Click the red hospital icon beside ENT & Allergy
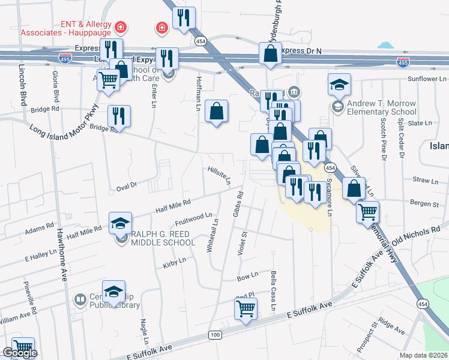point(121,27)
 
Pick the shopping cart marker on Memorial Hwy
point(368,211)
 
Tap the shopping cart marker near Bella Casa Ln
point(246,308)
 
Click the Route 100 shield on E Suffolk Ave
point(214,334)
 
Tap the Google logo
point(20,353)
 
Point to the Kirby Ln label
point(175,262)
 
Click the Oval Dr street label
point(127,185)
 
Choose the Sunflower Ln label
point(427,79)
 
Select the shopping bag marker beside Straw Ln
point(354,188)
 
